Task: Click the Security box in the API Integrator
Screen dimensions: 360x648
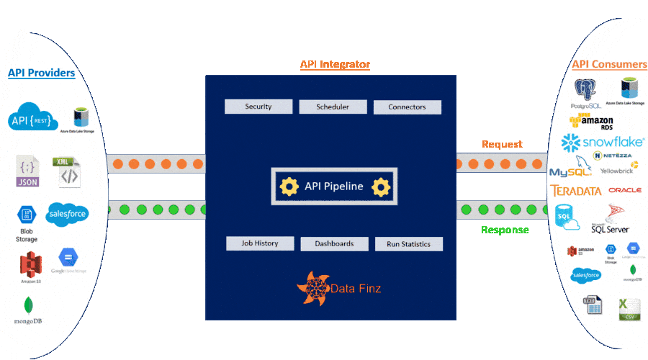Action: pos(258,107)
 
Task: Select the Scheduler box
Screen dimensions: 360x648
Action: pos(333,107)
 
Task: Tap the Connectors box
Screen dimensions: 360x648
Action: pos(407,107)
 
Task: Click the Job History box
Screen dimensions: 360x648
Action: pos(260,243)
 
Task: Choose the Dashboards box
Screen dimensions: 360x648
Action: pos(334,243)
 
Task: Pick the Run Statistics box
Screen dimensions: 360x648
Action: pos(408,244)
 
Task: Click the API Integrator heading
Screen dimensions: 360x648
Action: pos(335,65)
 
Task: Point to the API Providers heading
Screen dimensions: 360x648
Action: pos(41,73)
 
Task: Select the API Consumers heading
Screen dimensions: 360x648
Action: pos(609,65)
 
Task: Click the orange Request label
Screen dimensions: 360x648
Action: pos(502,144)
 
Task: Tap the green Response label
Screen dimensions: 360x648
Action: pos(505,230)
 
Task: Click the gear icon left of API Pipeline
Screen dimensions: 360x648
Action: pos(289,187)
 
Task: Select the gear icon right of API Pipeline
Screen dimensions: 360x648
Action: pos(380,187)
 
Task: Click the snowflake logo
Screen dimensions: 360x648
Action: pos(603,141)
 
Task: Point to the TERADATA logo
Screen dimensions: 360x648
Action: pos(575,191)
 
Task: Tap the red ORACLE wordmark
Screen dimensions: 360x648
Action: pos(624,191)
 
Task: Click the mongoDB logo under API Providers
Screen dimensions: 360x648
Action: pos(28,310)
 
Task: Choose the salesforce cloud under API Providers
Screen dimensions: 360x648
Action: pos(67,213)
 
